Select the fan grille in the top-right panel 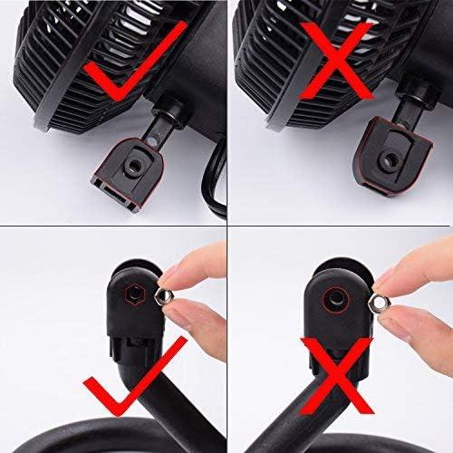(x=290, y=45)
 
